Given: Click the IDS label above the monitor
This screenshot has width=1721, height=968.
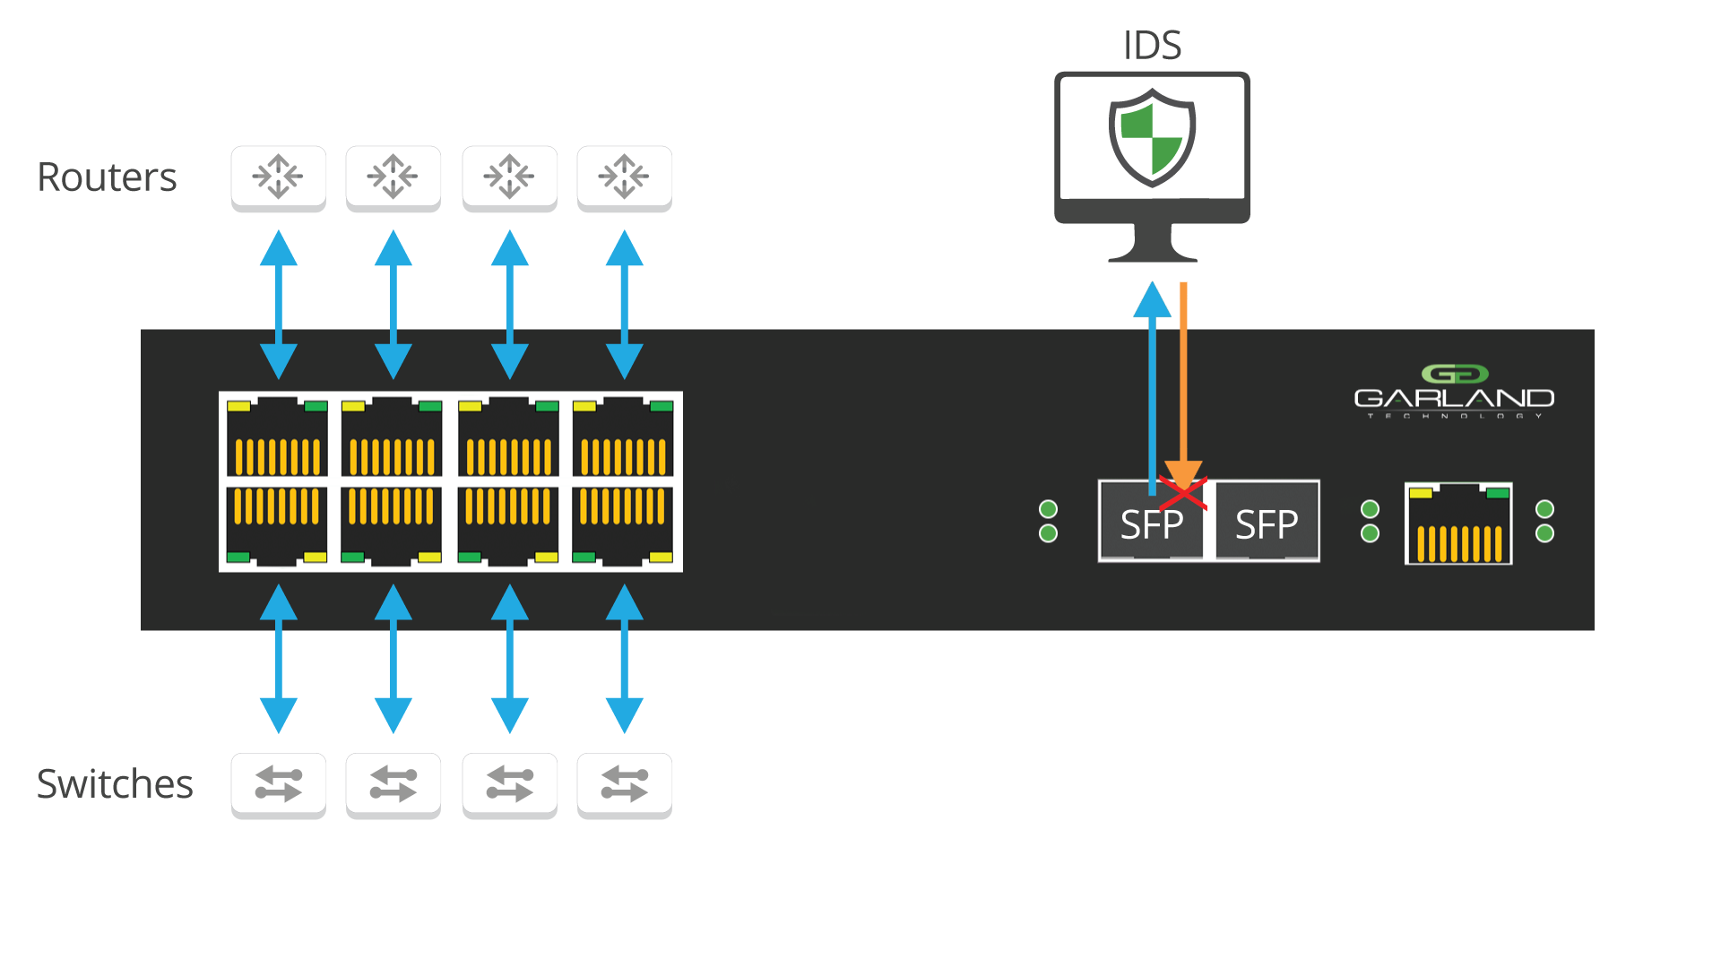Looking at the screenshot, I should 1152,45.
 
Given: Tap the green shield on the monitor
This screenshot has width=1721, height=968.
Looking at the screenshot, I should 1152,136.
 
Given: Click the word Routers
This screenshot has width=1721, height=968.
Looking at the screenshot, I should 107,177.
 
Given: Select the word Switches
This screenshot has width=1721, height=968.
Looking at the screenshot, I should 115,783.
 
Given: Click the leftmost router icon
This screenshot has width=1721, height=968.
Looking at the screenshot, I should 278,177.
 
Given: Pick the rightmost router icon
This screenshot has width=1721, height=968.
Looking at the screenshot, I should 624,177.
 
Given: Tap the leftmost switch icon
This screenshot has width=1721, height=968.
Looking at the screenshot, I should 278,784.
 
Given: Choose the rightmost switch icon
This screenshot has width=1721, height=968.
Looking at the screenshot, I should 624,784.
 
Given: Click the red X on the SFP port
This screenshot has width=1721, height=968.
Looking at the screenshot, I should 1183,493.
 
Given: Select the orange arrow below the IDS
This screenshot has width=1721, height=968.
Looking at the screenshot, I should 1183,385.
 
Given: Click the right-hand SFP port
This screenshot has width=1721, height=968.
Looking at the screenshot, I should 1267,523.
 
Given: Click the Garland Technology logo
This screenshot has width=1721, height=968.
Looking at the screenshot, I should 1454,393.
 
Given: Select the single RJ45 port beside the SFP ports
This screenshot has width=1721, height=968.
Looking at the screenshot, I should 1458,524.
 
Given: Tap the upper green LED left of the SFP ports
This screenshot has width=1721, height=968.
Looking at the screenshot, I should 1048,509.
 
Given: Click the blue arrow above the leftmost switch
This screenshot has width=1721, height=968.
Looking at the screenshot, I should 279,659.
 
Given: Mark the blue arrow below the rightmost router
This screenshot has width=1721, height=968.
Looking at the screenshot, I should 625,305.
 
